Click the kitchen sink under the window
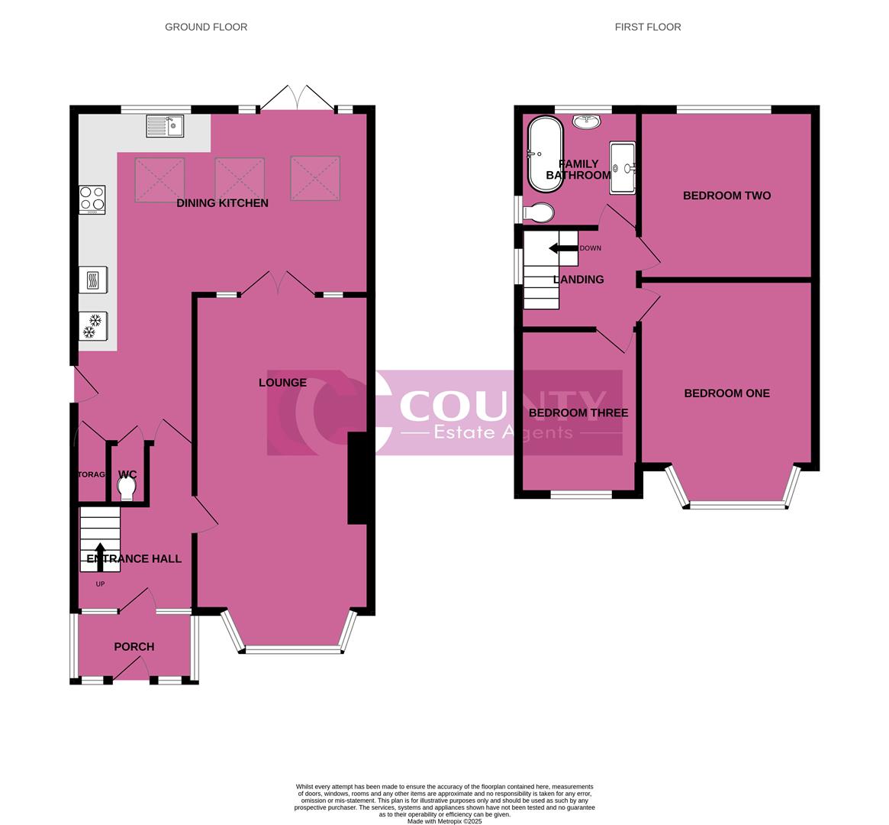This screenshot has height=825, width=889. [165, 126]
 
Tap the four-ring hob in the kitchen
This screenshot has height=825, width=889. [92, 199]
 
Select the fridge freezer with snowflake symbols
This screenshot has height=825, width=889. [92, 326]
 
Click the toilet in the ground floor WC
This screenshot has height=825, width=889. [127, 487]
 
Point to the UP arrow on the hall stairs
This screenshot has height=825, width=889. [100, 556]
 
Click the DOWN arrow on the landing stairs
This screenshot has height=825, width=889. [563, 248]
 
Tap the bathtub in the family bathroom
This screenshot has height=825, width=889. [545, 155]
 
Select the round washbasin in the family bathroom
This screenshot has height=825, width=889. [588, 121]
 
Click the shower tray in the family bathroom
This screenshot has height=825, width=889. [622, 168]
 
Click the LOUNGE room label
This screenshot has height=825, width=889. [282, 383]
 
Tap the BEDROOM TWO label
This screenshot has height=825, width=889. [726, 196]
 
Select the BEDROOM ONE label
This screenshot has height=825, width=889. [726, 393]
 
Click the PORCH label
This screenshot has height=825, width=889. [134, 647]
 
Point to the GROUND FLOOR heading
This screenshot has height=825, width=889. [206, 27]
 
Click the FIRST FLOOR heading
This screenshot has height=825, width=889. [648, 27]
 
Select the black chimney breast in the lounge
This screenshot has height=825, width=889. [357, 478]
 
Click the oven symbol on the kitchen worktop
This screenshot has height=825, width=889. [92, 280]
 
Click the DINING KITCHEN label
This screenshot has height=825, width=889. [222, 203]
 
